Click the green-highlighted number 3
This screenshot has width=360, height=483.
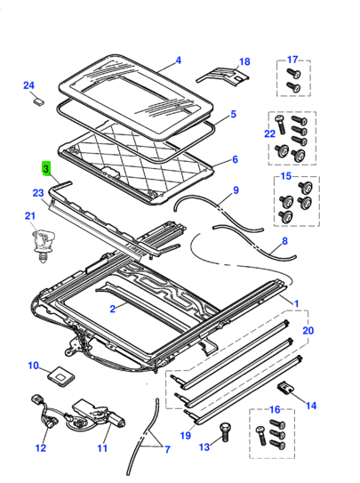pyautogui.click(x=46, y=169)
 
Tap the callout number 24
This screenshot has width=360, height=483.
pyautogui.click(x=28, y=85)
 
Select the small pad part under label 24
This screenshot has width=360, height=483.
pyautogui.click(x=38, y=101)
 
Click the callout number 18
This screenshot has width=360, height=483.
pyautogui.click(x=244, y=61)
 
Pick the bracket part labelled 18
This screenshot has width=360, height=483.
pyautogui.click(x=223, y=76)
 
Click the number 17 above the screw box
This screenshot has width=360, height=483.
pyautogui.click(x=292, y=60)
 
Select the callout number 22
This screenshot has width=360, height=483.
pyautogui.click(x=270, y=133)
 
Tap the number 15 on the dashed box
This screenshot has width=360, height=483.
pyautogui.click(x=286, y=176)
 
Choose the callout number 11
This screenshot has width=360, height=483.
pyautogui.click(x=102, y=448)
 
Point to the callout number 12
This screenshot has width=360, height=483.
pyautogui.click(x=41, y=448)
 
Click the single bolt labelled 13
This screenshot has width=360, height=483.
pyautogui.click(x=225, y=433)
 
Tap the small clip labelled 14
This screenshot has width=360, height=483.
pyautogui.click(x=285, y=388)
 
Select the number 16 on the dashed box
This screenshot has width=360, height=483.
pyautogui.click(x=275, y=409)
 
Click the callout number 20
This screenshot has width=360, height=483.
pyautogui.click(x=308, y=331)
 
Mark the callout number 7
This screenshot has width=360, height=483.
pyautogui.click(x=167, y=450)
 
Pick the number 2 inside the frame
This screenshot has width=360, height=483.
pyautogui.click(x=113, y=309)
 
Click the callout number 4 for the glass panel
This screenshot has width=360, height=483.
pyautogui.click(x=178, y=60)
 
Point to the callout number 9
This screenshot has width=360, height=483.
pyautogui.click(x=236, y=190)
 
